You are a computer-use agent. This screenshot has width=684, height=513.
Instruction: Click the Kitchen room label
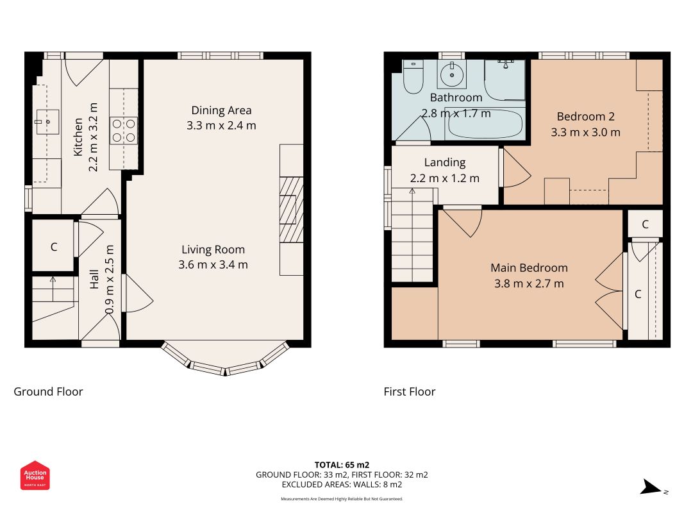(78, 137)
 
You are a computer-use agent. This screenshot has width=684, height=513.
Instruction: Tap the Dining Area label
(221, 110)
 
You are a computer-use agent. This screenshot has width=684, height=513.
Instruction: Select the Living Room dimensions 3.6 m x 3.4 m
(213, 265)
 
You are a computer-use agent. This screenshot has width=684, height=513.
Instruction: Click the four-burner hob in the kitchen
(124, 130)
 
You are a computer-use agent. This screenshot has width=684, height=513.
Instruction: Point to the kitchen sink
(47, 122)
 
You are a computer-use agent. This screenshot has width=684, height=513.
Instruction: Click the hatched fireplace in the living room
(291, 210)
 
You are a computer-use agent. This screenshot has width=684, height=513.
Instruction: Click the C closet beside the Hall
(53, 246)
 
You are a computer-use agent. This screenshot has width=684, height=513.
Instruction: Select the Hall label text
(94, 279)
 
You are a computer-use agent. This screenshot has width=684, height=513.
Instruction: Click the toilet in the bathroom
(413, 77)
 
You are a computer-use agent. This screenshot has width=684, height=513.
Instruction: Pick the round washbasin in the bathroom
(452, 74)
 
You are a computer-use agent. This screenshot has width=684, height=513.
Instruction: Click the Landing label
(445, 163)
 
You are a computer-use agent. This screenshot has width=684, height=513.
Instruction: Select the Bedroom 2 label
(585, 117)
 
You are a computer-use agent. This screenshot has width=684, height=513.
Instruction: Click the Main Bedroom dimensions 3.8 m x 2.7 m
(529, 283)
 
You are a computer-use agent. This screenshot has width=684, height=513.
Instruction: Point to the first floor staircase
(412, 235)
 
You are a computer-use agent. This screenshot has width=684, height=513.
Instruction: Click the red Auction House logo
(35, 475)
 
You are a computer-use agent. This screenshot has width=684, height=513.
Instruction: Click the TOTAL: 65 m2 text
(342, 465)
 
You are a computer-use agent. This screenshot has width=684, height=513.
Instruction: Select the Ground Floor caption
(48, 392)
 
